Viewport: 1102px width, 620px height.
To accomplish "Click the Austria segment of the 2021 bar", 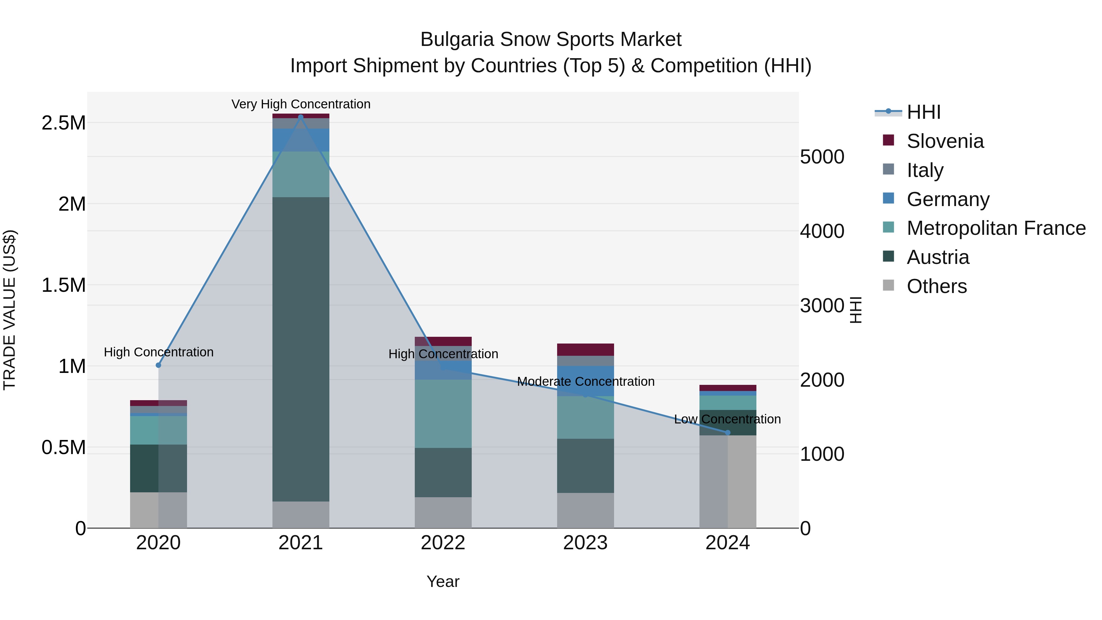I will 301,349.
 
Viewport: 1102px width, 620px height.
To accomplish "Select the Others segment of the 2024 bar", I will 728,481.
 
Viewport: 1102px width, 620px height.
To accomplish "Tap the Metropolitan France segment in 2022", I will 443,413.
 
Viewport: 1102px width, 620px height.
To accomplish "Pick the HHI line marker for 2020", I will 158,365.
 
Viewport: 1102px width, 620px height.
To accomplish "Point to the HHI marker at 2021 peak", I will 301,117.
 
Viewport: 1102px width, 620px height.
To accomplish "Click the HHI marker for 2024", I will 728,433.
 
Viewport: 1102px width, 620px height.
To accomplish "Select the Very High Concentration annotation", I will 301,104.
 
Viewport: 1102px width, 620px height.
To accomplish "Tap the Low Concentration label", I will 727,419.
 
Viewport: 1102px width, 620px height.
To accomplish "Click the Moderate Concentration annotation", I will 585,381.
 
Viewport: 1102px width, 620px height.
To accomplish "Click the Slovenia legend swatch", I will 889,140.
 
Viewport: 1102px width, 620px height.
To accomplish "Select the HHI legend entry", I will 923,112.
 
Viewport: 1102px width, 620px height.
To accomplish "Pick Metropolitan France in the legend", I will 996,228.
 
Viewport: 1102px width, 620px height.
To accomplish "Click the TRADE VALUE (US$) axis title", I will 9,310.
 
